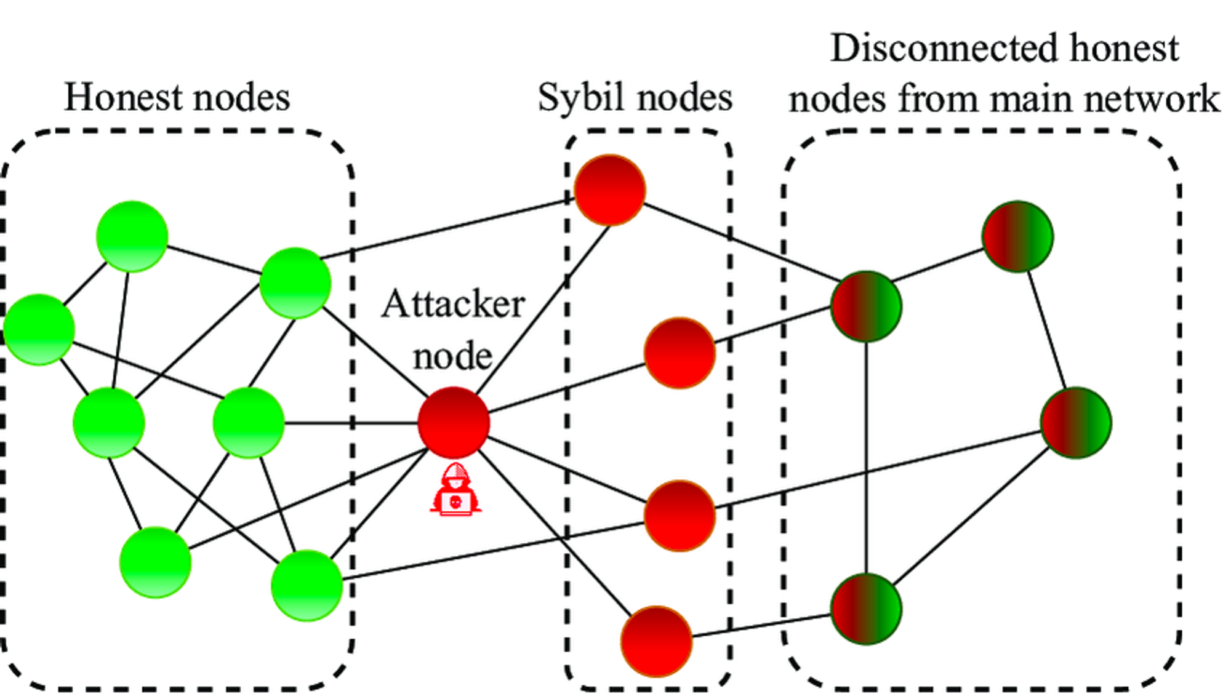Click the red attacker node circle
454,423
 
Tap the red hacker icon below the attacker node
455,490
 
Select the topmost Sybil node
609,190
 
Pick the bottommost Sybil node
656,641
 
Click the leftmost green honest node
39,330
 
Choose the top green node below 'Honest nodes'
132,236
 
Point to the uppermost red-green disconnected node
1017,236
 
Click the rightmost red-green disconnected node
1076,423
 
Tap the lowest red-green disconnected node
866,609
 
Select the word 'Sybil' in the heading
573,97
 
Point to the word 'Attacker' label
453,304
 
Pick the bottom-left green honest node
155,562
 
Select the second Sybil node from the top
680,353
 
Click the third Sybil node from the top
680,516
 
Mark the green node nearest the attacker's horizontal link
249,423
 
